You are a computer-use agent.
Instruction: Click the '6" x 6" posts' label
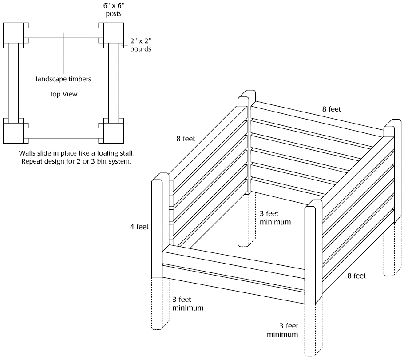(x=114, y=10)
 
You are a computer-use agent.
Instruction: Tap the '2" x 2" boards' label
(x=141, y=45)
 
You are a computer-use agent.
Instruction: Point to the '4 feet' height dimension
(x=139, y=227)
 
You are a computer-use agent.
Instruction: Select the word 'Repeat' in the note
(x=31, y=161)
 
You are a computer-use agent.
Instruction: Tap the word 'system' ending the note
(x=120, y=161)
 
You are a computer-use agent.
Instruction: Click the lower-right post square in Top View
(x=113, y=132)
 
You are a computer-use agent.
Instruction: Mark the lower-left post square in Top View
(x=13, y=132)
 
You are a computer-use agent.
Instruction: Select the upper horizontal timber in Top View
(x=63, y=33)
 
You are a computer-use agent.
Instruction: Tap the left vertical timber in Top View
(x=13, y=82)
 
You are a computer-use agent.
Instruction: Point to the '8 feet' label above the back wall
(x=331, y=108)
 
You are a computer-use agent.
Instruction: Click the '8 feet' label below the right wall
(x=356, y=276)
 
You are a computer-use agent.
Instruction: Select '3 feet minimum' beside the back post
(x=275, y=217)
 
